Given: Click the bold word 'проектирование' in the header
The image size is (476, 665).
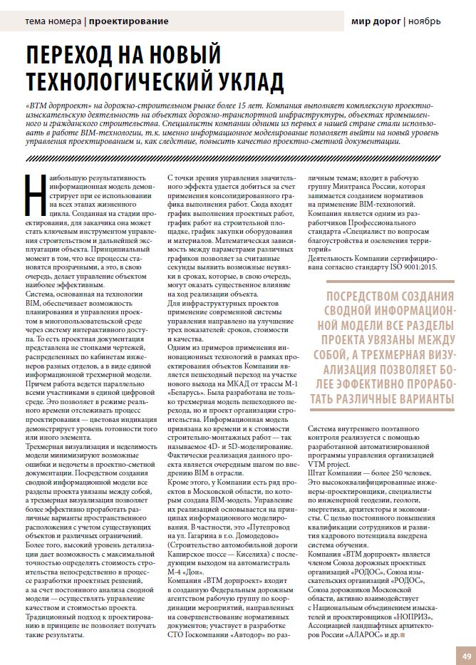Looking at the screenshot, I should [128, 21].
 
